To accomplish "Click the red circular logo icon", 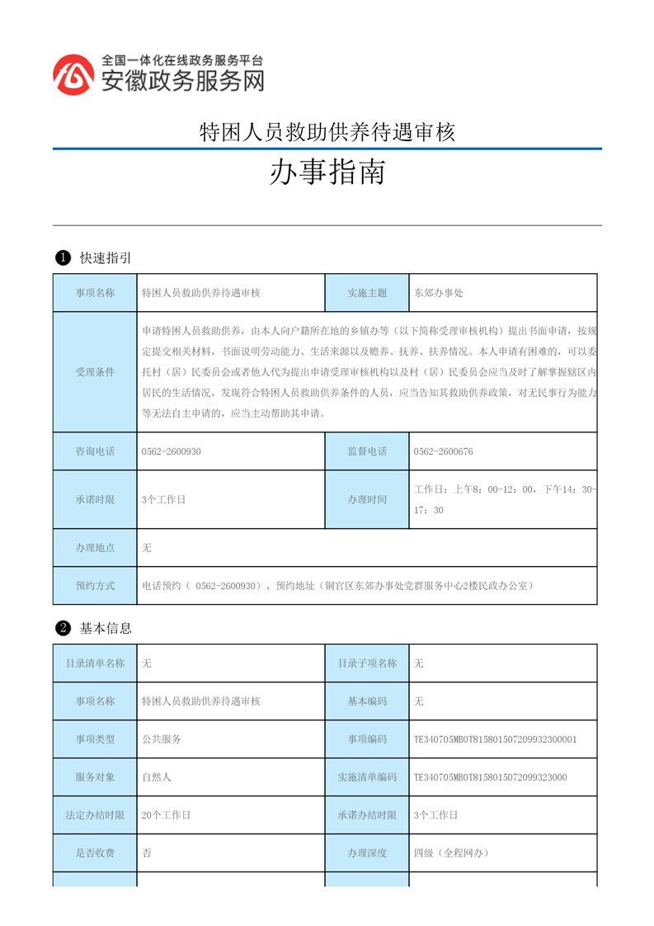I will tap(73, 75).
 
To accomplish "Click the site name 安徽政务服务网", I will tap(182, 81).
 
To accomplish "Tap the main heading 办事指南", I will tap(327, 173).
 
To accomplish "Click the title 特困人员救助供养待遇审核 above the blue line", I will tap(327, 132).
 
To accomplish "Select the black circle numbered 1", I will tap(62, 258).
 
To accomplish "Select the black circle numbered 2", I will tap(62, 628).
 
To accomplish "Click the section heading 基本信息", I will tap(106, 628).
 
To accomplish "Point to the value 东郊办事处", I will tap(440, 293).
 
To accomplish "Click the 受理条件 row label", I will tap(95, 372).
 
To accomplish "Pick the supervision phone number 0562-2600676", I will tap(443, 451).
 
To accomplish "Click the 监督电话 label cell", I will tap(367, 451).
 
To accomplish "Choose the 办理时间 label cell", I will tap(367, 499).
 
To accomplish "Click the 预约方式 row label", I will tap(95, 585).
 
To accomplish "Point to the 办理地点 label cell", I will tap(95, 547).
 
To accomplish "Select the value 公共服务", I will tap(161, 739).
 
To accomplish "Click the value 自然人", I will tap(156, 777).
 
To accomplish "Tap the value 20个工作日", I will tap(166, 815).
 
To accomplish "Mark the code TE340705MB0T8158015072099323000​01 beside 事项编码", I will tap(495, 739).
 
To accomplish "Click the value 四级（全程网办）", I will tap(451, 853).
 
